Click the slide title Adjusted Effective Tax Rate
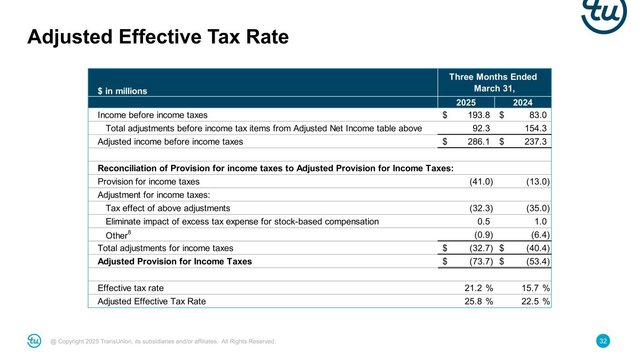click(158, 37)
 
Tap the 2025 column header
click(466, 102)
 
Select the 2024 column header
click(523, 102)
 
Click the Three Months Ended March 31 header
click(493, 82)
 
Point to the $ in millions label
click(122, 91)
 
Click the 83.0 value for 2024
click(538, 115)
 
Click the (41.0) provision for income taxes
click(481, 181)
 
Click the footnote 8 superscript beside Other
click(129, 232)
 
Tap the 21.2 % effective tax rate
click(478, 288)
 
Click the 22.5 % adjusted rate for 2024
click(535, 301)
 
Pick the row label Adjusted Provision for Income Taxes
click(174, 262)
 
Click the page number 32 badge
click(603, 341)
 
